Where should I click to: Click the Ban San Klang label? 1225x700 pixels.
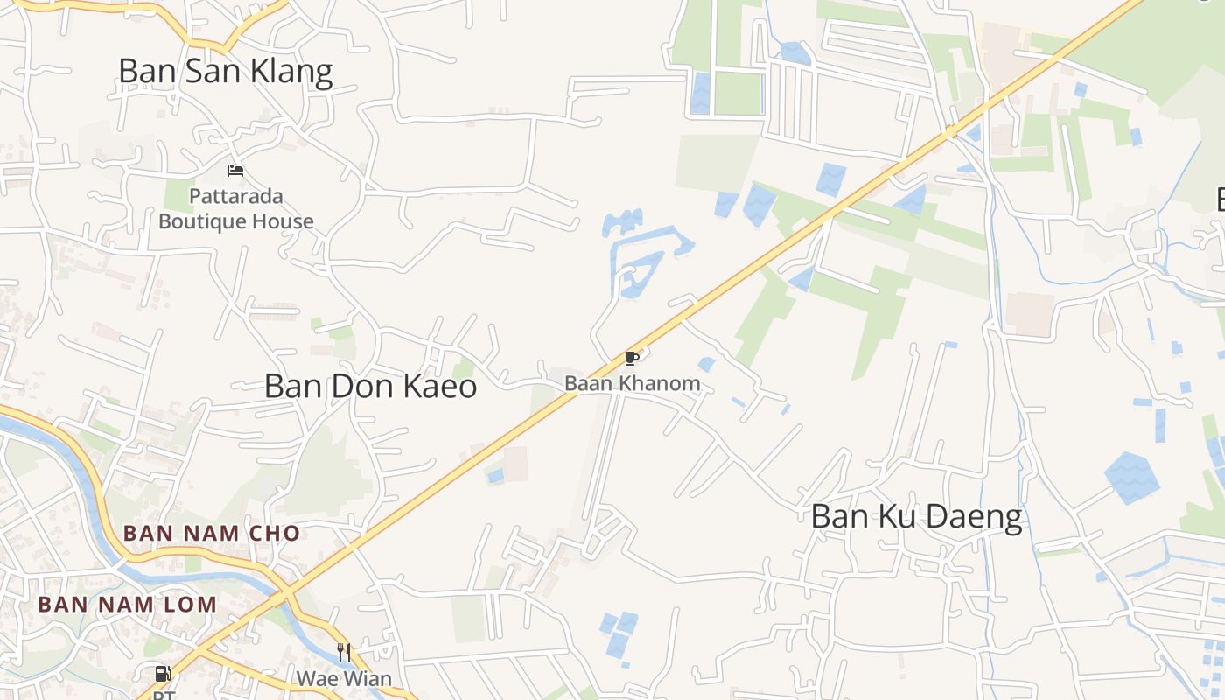(x=226, y=71)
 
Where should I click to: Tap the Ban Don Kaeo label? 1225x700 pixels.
(x=370, y=386)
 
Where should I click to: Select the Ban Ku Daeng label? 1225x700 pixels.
(x=916, y=516)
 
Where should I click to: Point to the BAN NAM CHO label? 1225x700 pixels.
(x=212, y=533)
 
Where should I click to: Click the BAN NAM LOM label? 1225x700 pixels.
(x=128, y=604)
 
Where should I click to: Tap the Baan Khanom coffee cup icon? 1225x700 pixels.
(x=632, y=358)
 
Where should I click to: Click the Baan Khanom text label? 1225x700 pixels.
(x=632, y=383)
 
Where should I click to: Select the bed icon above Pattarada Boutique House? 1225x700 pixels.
(x=234, y=170)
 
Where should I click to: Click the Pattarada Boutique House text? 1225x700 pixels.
(x=236, y=208)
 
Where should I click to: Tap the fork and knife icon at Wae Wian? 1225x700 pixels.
(x=344, y=653)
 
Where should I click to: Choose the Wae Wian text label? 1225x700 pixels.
(x=344, y=678)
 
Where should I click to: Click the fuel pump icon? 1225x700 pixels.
(x=164, y=674)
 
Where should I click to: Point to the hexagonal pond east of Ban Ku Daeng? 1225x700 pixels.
(x=1132, y=478)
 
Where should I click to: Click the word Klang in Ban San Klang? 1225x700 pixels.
(x=291, y=71)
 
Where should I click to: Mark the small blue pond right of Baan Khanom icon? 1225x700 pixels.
(x=706, y=364)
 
